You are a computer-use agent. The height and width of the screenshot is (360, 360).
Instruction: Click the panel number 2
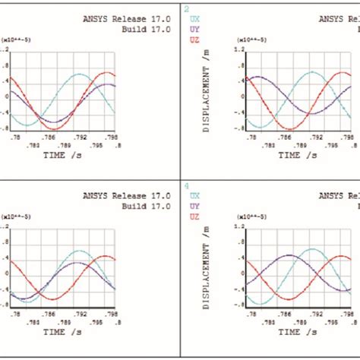pos(187,8)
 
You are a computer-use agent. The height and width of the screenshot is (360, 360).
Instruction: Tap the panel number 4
pos(187,185)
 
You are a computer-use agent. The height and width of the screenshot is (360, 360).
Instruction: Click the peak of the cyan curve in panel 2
pos(311,73)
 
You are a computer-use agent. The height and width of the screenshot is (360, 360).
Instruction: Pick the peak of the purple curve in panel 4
pos(288,255)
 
